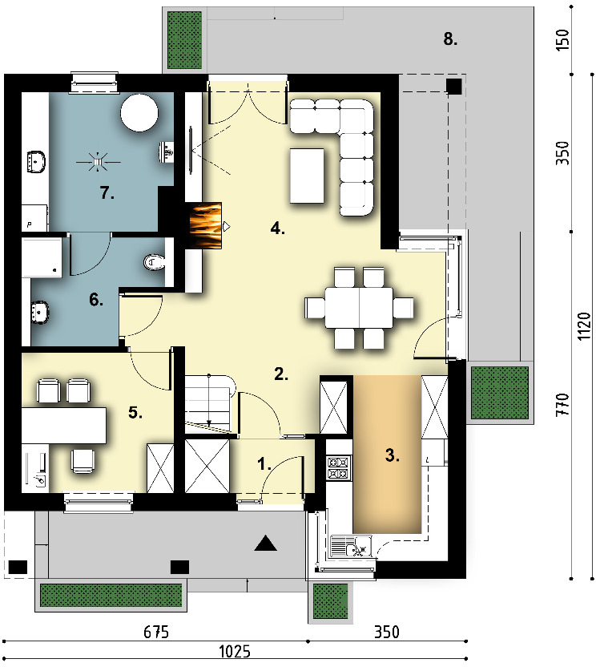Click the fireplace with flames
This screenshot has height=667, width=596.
(x=205, y=225)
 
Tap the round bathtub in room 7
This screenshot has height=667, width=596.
(x=139, y=113)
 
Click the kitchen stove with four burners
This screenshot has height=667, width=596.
(x=339, y=468)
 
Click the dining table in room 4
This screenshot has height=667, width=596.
(x=359, y=307)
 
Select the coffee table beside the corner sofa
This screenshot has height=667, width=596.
(x=307, y=176)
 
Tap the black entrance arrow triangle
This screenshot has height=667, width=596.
(x=266, y=544)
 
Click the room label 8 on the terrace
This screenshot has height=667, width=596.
(x=451, y=39)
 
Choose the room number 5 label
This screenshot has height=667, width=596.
(x=135, y=412)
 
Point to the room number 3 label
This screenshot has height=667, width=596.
(x=393, y=455)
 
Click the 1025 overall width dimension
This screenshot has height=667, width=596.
(x=235, y=651)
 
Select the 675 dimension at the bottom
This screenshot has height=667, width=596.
(x=156, y=632)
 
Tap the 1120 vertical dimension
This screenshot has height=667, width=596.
(x=585, y=326)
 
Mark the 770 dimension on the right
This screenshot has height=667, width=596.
(x=562, y=405)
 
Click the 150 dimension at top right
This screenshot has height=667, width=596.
(x=562, y=39)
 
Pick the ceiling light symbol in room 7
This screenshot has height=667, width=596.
(x=99, y=162)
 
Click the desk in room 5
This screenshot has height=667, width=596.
(x=64, y=426)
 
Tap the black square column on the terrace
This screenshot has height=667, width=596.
(x=454, y=87)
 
